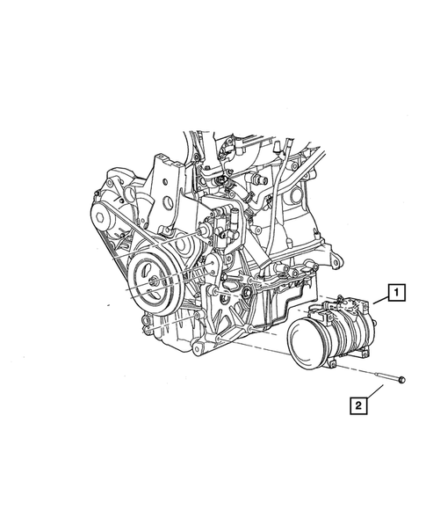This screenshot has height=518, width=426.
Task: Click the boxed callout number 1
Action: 397,292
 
